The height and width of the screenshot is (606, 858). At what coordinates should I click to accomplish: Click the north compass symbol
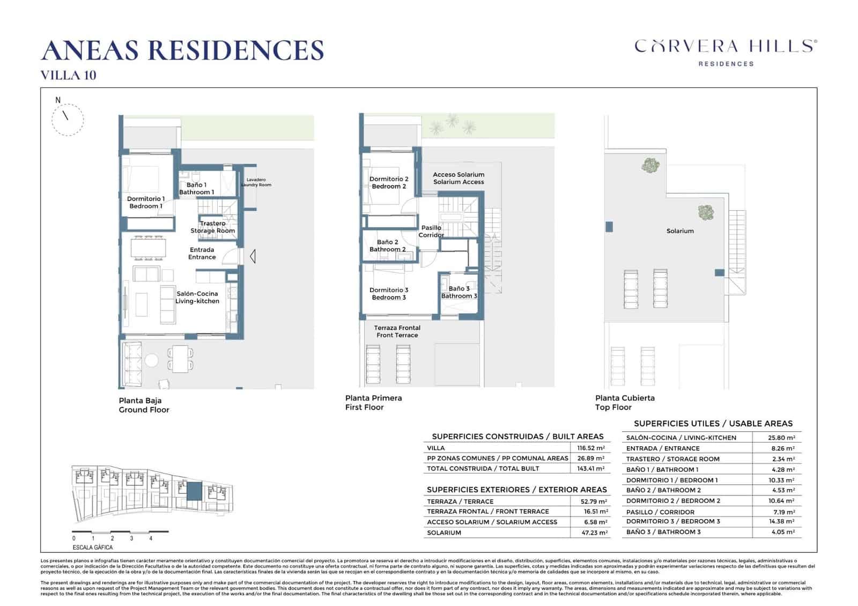(68, 119)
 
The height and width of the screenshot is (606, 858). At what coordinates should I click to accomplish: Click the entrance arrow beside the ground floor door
(253, 257)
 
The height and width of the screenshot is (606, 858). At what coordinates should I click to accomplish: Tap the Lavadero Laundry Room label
(256, 182)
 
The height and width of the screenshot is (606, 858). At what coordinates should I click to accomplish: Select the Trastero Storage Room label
(213, 227)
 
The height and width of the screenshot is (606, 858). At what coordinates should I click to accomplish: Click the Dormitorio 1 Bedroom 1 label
(145, 202)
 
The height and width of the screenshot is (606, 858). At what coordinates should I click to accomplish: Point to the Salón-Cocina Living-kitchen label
(197, 297)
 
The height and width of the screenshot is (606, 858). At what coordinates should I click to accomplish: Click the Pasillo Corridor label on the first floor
(431, 231)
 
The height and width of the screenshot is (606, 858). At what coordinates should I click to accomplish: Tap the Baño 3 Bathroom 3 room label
(459, 292)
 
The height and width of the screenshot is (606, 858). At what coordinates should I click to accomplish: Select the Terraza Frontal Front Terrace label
(397, 331)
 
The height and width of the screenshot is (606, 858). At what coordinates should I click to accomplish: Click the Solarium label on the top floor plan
(680, 231)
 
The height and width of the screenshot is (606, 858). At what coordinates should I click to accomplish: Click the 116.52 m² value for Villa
(591, 448)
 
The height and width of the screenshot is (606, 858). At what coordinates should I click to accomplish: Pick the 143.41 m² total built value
(591, 468)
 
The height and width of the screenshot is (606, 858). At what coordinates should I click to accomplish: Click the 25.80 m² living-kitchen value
(781, 438)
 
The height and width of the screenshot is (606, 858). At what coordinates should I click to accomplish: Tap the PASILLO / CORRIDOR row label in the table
(660, 512)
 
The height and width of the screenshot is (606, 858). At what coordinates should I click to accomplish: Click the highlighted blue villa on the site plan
(194, 490)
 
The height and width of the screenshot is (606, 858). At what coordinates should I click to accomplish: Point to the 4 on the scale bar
(151, 538)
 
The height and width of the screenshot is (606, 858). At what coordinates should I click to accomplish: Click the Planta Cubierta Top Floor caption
(625, 402)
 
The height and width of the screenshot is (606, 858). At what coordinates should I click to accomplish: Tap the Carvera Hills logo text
(726, 47)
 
